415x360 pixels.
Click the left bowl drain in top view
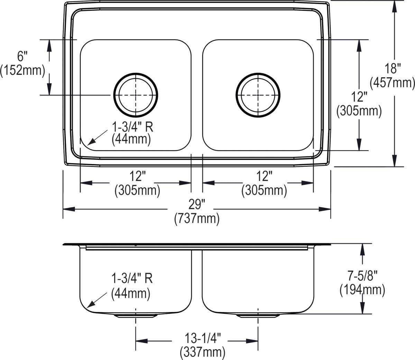(x=136, y=94)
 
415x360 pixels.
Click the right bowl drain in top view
(x=258, y=94)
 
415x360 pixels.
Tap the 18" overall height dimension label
(x=393, y=68)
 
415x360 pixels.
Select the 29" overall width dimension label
(x=197, y=205)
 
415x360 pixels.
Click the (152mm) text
(x=23, y=70)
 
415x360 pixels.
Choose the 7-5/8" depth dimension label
(x=362, y=276)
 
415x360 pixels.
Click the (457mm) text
(x=393, y=82)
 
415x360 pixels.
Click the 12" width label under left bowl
(x=137, y=177)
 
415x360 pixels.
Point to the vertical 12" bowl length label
(x=359, y=97)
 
